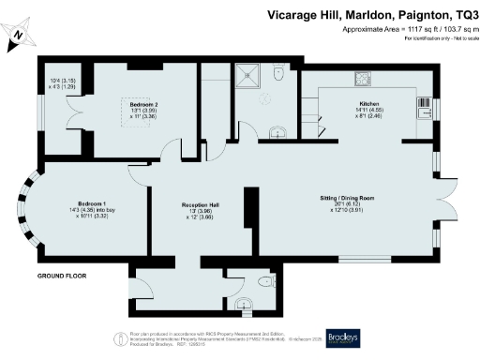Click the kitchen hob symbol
361,78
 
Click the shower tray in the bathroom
252,76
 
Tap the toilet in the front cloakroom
243,303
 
